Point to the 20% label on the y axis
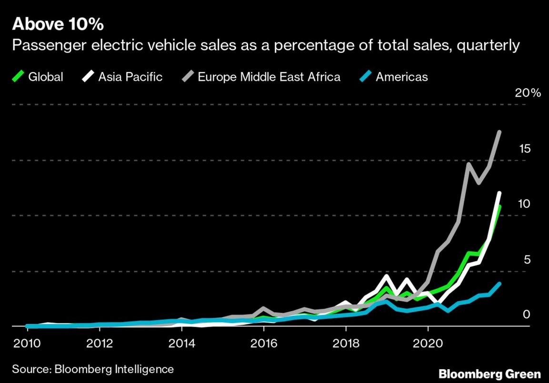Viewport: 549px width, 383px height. tap(528, 93)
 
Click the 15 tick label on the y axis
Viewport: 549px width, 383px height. tap(525, 149)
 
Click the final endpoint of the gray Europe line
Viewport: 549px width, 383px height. tap(499, 132)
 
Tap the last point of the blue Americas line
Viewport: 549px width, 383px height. tap(499, 284)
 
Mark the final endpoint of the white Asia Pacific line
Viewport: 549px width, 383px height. tap(499, 193)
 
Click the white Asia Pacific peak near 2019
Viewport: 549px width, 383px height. tap(387, 276)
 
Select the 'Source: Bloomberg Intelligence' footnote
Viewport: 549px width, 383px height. tap(93, 369)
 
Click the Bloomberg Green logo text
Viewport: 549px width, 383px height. tap(489, 373)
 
